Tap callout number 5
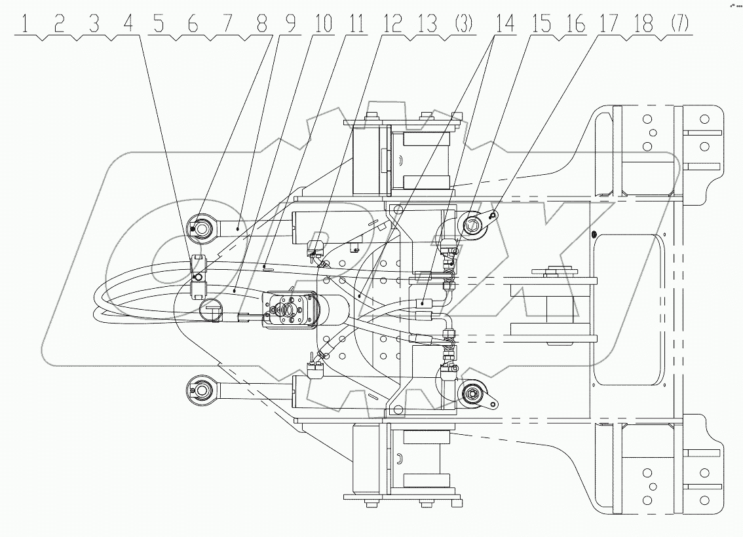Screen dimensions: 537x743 click(x=159, y=26)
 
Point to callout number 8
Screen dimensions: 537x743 click(x=261, y=26)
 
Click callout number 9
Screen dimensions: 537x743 click(x=289, y=26)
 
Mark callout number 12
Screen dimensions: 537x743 click(x=392, y=26)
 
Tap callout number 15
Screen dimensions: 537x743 click(x=543, y=26)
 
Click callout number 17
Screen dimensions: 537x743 click(x=607, y=26)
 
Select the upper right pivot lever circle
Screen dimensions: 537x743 click(x=472, y=227)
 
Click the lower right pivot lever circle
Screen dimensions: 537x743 click(x=471, y=393)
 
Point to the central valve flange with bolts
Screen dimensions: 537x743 click(x=286, y=310)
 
